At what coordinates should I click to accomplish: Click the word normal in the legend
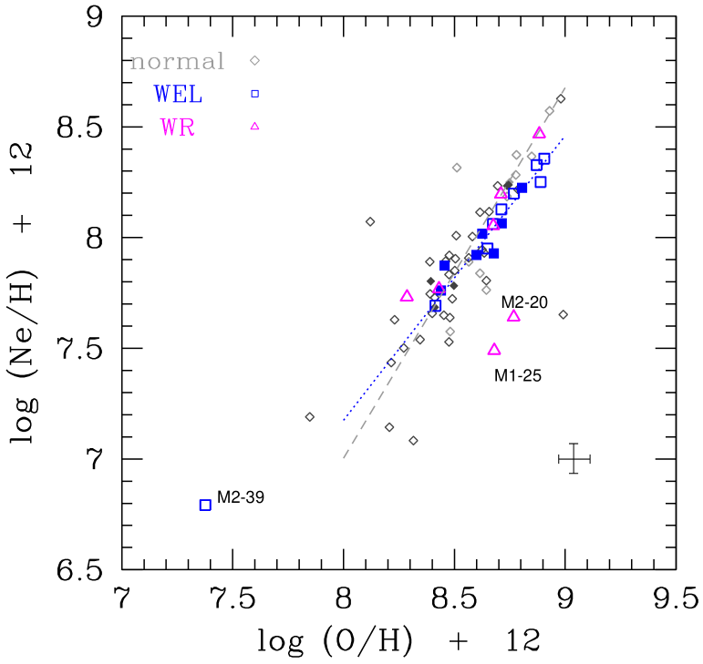coord(177,61)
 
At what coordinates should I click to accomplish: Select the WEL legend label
coord(178,94)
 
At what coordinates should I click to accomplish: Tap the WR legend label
coord(178,127)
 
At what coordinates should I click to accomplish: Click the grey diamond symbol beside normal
coord(254,61)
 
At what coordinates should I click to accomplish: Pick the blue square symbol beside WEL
coord(254,93)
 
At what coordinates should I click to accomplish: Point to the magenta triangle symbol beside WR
coord(254,126)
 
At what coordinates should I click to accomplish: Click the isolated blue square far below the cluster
coord(205,505)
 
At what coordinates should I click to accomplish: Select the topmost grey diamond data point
coord(561,98)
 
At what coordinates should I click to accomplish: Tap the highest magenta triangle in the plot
coord(540,132)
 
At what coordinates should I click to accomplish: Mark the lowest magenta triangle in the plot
coord(494,349)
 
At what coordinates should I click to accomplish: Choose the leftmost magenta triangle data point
coord(407,295)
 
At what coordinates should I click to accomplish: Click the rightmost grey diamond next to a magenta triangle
coord(563,314)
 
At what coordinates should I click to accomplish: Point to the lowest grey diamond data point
coord(413,440)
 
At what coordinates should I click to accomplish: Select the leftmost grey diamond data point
coord(309,416)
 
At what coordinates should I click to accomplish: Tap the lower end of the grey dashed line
coord(344,457)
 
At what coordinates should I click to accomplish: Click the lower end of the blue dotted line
coord(344,420)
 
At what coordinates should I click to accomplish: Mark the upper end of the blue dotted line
coord(564,138)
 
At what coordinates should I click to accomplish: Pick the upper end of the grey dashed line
coord(565,88)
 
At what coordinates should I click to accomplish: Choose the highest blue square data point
coord(544,158)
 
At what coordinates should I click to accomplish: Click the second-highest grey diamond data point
coord(549,110)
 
